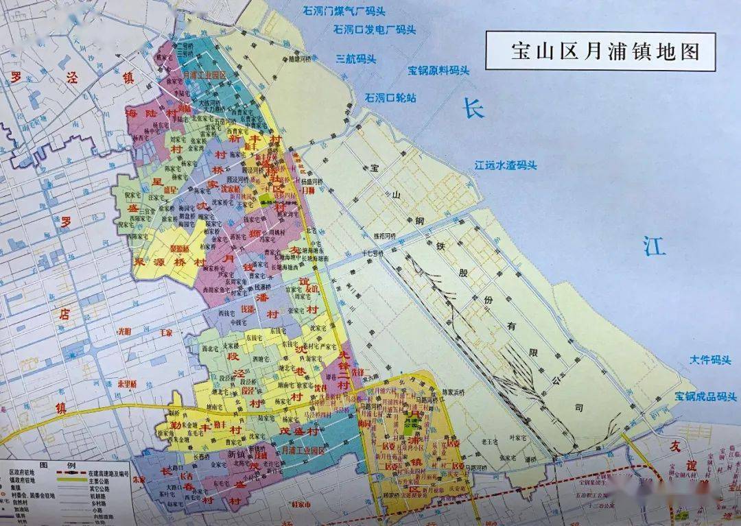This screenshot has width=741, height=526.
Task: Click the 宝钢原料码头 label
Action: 438,70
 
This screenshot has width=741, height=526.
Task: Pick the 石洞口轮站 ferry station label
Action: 390,97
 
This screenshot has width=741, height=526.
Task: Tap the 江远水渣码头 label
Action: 506,165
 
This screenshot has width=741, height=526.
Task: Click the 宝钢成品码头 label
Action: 705,396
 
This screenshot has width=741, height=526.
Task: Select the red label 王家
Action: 166,332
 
